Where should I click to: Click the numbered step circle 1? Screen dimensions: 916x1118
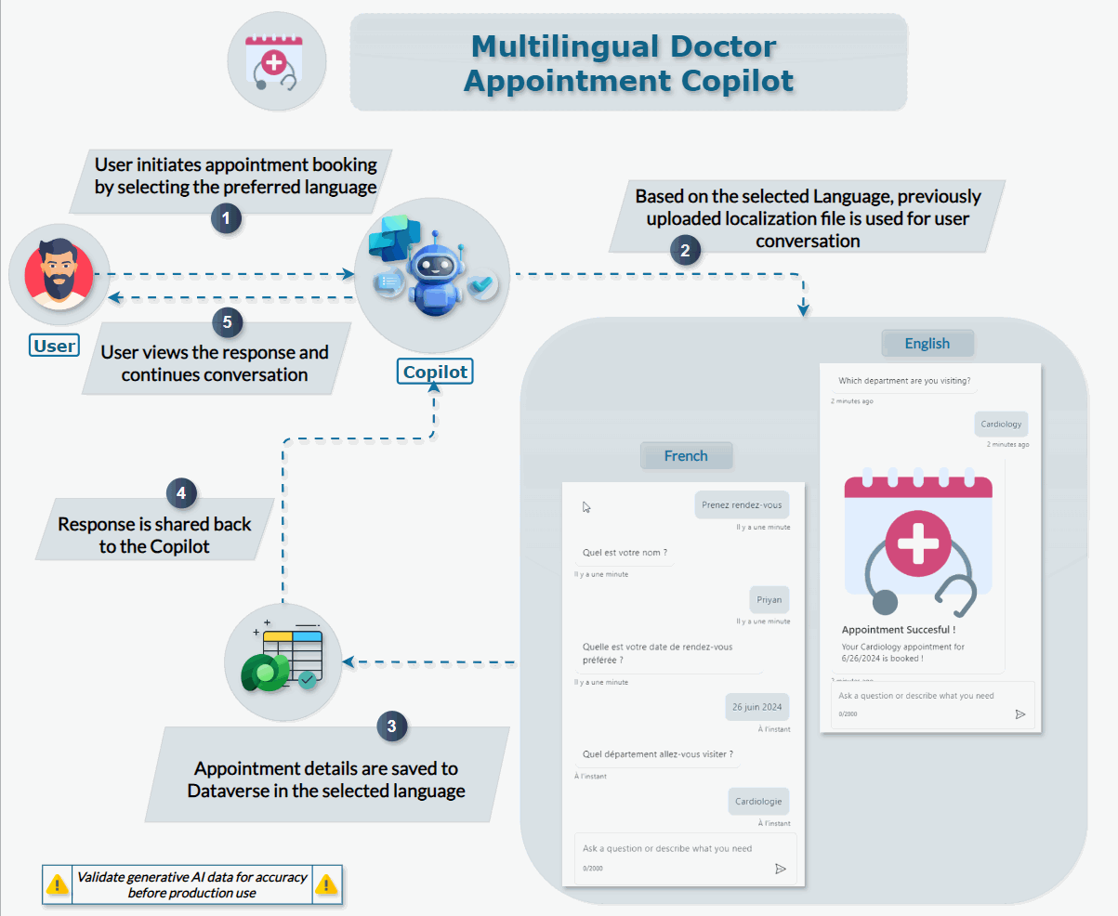[226, 219]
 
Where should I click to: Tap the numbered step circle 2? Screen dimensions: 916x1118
[685, 251]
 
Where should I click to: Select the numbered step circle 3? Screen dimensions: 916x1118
[391, 726]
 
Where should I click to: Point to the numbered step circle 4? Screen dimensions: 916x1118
[181, 492]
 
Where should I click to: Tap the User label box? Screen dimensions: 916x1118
[54, 347]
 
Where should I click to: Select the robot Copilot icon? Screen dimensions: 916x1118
[432, 274]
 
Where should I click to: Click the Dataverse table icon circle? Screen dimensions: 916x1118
[283, 662]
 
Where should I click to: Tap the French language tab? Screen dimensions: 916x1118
[686, 456]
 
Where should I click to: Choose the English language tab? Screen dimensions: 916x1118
[927, 344]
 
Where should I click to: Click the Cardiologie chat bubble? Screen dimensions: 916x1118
[758, 801]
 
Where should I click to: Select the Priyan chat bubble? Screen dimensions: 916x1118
[769, 600]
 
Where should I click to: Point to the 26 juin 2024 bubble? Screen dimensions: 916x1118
[756, 707]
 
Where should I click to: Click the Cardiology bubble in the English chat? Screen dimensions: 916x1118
[1001, 425]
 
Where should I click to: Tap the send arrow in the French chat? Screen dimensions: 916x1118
[781, 869]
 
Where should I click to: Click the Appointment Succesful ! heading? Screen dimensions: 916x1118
[898, 630]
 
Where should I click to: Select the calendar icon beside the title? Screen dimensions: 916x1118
[276, 62]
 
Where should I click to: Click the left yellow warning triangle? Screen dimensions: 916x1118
[58, 884]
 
